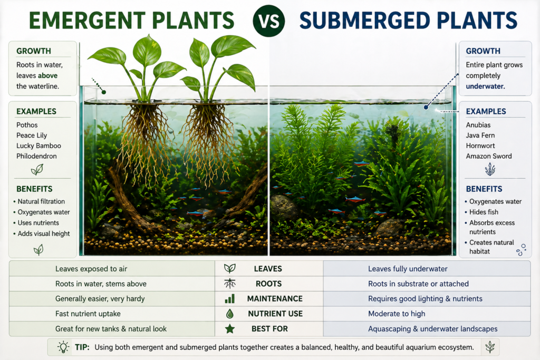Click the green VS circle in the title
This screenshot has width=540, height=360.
(269, 21)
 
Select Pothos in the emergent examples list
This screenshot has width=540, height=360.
(27, 125)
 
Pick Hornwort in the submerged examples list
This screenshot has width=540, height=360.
(480, 146)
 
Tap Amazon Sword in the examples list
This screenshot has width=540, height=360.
(489, 156)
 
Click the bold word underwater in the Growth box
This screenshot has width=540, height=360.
(485, 86)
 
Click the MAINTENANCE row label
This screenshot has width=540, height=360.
(275, 299)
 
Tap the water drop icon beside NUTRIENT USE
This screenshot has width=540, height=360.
(230, 314)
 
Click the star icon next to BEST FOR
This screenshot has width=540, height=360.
(230, 329)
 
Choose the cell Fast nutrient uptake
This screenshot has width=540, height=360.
(88, 314)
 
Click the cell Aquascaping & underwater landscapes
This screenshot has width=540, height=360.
(432, 329)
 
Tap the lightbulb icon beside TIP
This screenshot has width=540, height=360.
(63, 347)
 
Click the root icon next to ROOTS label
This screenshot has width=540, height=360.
(230, 284)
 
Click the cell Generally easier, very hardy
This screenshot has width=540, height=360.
(100, 299)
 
